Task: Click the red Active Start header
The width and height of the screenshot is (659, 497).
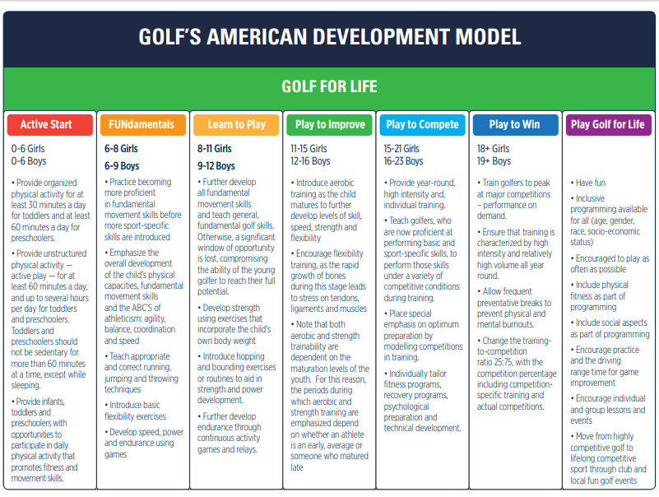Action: point(50,124)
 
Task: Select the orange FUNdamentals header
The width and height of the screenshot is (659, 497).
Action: point(143,124)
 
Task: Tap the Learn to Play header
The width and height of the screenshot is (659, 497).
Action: point(236,124)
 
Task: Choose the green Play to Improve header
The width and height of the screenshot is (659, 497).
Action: point(329,124)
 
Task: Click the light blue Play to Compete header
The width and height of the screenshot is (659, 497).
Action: point(422,124)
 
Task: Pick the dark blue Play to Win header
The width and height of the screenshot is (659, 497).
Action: point(516,124)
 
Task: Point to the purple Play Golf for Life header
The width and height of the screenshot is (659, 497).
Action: point(609,124)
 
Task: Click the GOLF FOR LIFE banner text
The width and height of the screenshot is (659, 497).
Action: point(329,86)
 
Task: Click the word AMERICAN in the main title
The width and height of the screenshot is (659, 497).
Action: point(257,36)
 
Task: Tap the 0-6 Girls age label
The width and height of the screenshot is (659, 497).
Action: point(28,148)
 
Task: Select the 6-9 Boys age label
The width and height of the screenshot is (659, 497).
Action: point(122,165)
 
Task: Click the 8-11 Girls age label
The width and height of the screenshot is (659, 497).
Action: point(215,148)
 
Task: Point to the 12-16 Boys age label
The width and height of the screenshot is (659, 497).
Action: point(310,161)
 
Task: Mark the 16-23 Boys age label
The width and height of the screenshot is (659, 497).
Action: point(403,161)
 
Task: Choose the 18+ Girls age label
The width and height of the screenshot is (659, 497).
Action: point(493,148)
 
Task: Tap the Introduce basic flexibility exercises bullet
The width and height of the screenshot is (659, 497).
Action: point(135,411)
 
